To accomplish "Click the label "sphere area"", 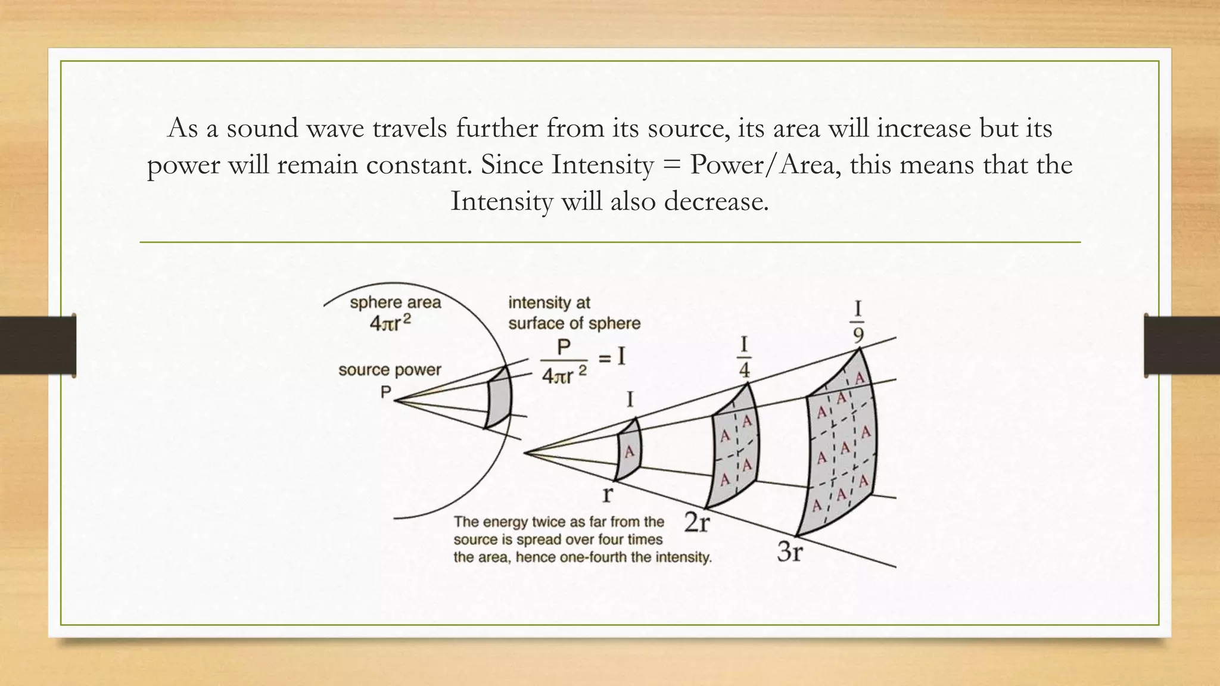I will click(395, 303).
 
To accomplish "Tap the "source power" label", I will click(390, 370).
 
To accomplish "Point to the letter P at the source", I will click(386, 392).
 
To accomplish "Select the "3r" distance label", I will click(790, 552).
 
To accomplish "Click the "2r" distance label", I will click(697, 522).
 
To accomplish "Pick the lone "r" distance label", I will click(608, 493).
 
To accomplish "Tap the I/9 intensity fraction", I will click(858, 322).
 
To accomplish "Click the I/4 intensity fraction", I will click(744, 357).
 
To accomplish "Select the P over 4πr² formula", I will click(564, 361).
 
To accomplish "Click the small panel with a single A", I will click(628, 450).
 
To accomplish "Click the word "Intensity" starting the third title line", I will click(502, 201).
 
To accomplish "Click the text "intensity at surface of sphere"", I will click(574, 313).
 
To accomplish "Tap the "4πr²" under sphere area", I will click(391, 323).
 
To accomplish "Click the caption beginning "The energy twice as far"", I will click(582, 540).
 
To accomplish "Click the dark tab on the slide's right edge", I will click(1182, 345).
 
